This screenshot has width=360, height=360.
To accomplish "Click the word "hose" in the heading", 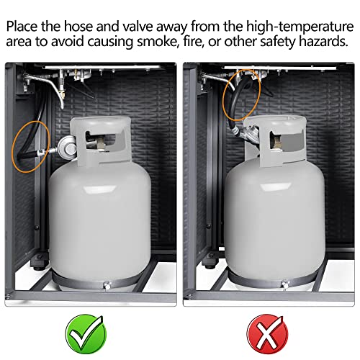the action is [x=78, y=26].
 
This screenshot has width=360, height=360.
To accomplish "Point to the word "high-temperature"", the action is [x=300, y=27].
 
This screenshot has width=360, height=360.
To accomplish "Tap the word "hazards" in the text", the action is [x=327, y=41].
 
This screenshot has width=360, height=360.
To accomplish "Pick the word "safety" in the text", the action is [x=281, y=42].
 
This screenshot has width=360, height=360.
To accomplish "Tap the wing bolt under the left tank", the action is [x=107, y=286].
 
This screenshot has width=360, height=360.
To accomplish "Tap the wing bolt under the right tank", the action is [x=284, y=284].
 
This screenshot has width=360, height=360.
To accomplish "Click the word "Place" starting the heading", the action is [x=22, y=26].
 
